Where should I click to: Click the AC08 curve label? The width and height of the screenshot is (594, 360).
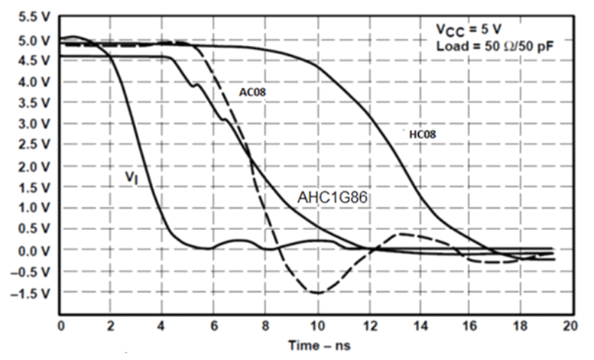(x=254, y=92)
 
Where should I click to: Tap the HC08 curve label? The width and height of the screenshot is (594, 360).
(x=423, y=134)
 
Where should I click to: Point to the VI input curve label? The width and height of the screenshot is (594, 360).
(x=130, y=177)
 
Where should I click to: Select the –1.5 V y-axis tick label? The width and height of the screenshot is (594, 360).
(x=27, y=292)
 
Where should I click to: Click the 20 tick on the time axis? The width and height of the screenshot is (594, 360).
(x=571, y=326)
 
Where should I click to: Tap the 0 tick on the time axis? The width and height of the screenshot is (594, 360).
(x=61, y=326)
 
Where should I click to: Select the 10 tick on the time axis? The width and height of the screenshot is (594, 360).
(x=317, y=326)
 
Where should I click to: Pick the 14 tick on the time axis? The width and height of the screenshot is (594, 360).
(x=419, y=326)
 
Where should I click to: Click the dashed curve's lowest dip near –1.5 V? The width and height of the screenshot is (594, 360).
(x=317, y=292)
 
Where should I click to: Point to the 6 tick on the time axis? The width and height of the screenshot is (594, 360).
(x=214, y=326)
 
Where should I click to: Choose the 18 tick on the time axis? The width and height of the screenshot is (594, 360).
(x=521, y=326)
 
